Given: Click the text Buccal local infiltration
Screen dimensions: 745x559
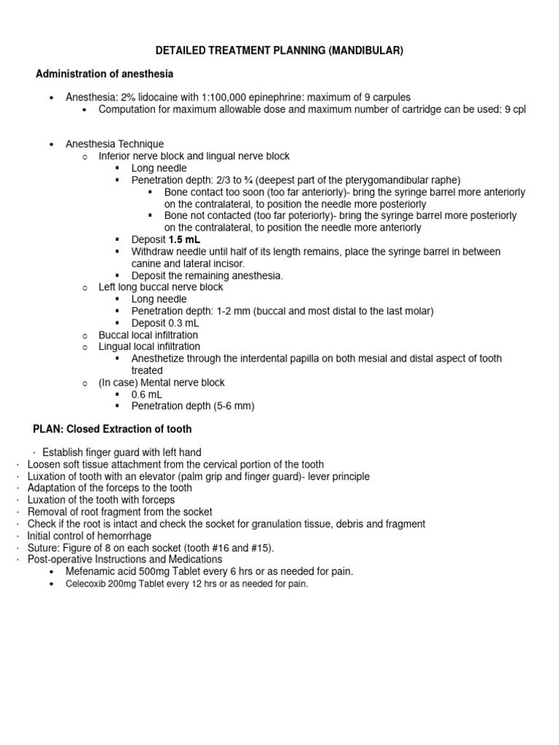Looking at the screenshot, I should pyautogui.click(x=148, y=335).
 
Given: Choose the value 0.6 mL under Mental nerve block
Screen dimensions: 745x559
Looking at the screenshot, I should pyautogui.click(x=147, y=394).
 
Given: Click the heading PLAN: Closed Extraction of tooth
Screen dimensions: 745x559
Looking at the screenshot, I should pyautogui.click(x=112, y=429).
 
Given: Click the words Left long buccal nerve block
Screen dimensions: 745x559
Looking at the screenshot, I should pyautogui.click(x=161, y=287).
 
